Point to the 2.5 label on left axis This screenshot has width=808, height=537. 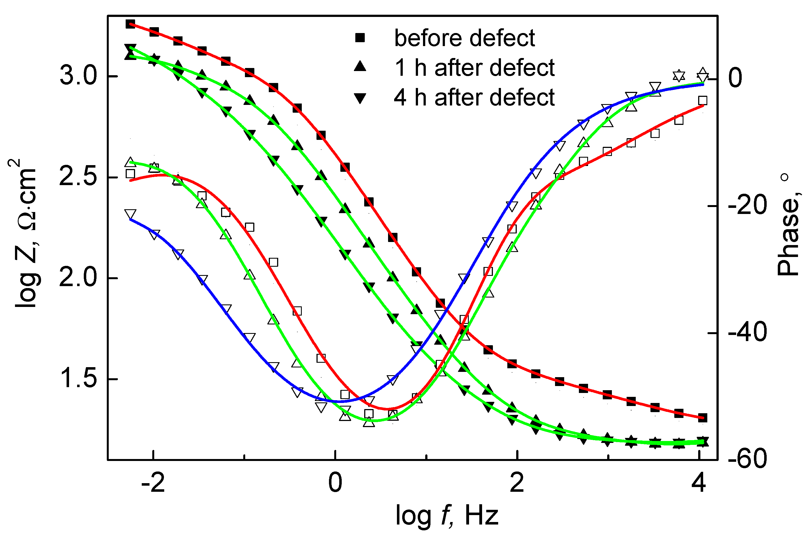[x=78, y=177]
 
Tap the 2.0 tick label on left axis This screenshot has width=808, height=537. [x=78, y=278]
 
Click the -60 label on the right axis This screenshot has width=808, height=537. [x=748, y=459]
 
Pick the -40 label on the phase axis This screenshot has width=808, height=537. [x=748, y=332]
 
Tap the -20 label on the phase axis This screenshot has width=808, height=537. [x=748, y=205]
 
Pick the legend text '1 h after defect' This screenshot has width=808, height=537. [x=474, y=67]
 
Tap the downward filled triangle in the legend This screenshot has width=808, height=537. [x=360, y=98]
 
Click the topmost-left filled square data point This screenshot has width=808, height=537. [x=130, y=24]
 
